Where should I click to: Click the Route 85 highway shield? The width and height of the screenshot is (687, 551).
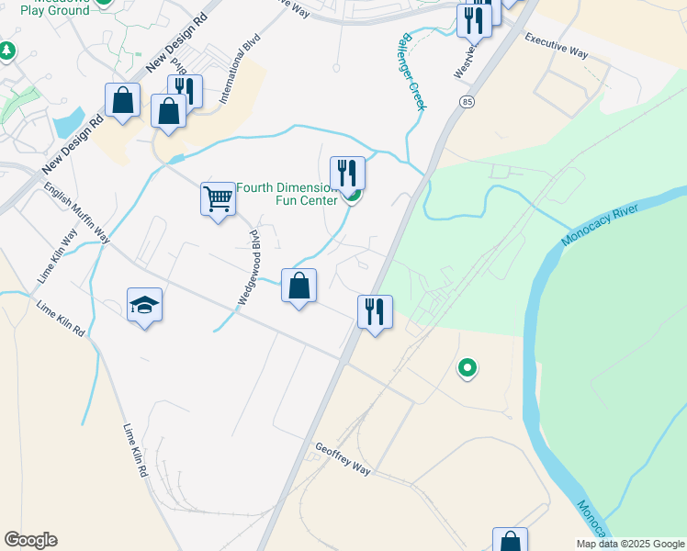click(468, 101)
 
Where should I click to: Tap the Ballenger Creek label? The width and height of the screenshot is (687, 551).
click(411, 73)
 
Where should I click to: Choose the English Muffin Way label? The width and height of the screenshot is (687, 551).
click(77, 212)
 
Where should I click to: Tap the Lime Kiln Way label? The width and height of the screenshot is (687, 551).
click(53, 261)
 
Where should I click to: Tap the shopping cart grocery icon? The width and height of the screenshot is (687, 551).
click(219, 197)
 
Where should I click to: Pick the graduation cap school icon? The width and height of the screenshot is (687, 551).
click(145, 304)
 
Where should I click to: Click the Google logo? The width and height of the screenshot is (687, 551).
click(30, 540)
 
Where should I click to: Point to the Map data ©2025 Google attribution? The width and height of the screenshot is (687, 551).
click(630, 544)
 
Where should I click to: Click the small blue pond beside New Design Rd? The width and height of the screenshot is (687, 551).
click(69, 122)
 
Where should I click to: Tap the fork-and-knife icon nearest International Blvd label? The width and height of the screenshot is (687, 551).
click(186, 91)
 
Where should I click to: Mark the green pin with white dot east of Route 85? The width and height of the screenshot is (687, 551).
click(467, 368)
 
